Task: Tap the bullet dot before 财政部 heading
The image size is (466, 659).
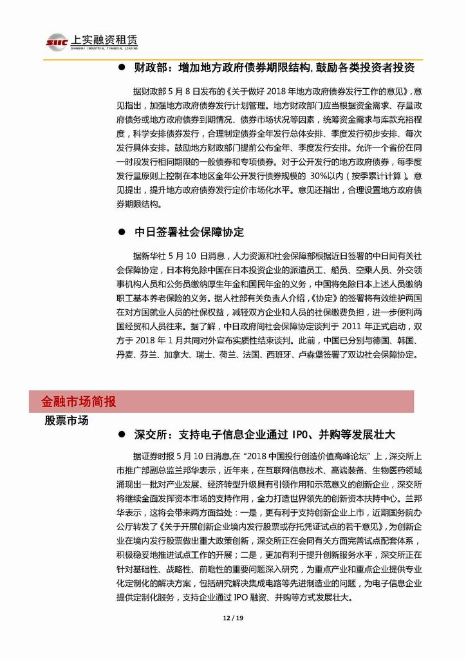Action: point(122,68)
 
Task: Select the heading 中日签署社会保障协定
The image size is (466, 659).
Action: point(189,232)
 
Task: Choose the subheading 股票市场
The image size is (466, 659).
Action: point(66,420)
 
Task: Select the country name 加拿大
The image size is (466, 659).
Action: point(176,354)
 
